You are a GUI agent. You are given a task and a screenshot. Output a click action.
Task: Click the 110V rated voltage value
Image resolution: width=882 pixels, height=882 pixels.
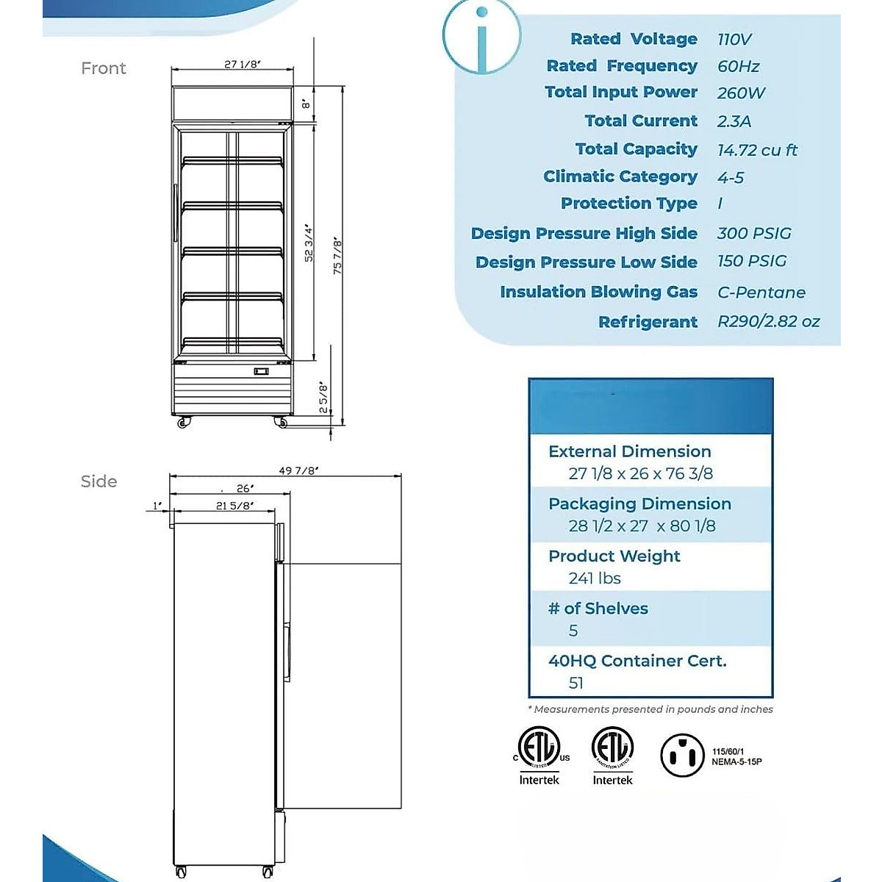pyautogui.click(x=734, y=40)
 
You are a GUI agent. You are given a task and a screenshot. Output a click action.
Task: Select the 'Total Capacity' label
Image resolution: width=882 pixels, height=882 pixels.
pyautogui.click(x=636, y=149)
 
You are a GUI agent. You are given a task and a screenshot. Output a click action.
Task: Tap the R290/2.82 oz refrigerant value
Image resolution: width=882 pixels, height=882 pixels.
pyautogui.click(x=768, y=322)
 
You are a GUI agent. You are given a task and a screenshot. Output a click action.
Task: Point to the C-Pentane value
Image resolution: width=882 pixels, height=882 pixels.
pyautogui.click(x=761, y=293)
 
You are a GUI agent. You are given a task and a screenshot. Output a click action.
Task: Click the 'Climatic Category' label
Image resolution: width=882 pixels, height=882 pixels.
pyautogui.click(x=620, y=176)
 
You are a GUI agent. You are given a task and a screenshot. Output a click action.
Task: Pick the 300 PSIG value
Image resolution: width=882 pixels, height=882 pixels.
pyautogui.click(x=754, y=234)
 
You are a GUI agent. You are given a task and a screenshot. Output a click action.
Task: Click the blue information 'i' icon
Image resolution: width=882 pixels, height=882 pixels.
pyautogui.click(x=481, y=37)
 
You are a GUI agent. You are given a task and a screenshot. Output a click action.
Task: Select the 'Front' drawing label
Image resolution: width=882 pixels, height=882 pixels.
pyautogui.click(x=104, y=68)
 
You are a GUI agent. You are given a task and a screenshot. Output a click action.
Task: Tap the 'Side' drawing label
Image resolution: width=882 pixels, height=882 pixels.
pyautogui.click(x=98, y=481)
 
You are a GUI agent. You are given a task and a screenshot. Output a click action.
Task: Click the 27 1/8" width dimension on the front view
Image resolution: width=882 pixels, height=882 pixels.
pyautogui.click(x=243, y=65)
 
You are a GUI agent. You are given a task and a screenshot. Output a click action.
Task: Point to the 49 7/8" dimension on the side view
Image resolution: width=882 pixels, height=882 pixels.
pyautogui.click(x=299, y=471)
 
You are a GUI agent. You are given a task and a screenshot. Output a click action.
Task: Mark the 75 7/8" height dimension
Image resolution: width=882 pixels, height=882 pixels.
pyautogui.click(x=337, y=255)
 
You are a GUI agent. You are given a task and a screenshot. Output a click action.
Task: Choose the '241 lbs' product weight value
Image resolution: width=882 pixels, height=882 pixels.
pyautogui.click(x=595, y=578)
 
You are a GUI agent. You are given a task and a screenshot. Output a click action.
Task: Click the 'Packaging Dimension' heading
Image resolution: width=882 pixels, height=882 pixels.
pyautogui.click(x=639, y=504)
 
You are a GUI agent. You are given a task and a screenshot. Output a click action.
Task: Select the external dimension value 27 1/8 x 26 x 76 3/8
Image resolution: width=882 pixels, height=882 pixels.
pyautogui.click(x=640, y=474)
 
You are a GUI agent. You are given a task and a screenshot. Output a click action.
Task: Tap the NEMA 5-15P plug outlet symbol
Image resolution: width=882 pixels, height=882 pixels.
pyautogui.click(x=683, y=755)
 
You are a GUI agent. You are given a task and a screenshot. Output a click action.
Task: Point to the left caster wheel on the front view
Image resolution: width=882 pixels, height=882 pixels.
pyautogui.click(x=182, y=423)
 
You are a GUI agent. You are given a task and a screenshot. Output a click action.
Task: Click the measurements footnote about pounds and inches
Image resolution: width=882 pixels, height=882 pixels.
pyautogui.click(x=650, y=709)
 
